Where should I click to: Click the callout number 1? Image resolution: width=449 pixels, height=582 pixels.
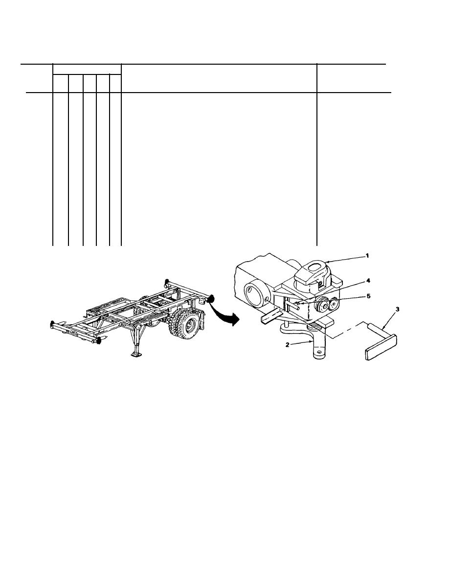click(x=367, y=256)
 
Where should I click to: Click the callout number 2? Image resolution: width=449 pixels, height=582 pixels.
click(x=287, y=345)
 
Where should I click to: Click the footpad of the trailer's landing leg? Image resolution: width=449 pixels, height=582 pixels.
click(x=136, y=355)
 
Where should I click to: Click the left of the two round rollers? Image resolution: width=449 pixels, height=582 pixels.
click(x=320, y=304)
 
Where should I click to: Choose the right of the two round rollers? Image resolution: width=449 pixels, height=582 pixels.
click(x=333, y=303)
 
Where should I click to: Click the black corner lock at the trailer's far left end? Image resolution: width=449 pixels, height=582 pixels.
click(x=52, y=324)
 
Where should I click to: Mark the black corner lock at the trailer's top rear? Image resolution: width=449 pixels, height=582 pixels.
click(x=167, y=281)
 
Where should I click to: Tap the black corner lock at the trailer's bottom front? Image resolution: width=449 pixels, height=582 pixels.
click(x=98, y=341)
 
